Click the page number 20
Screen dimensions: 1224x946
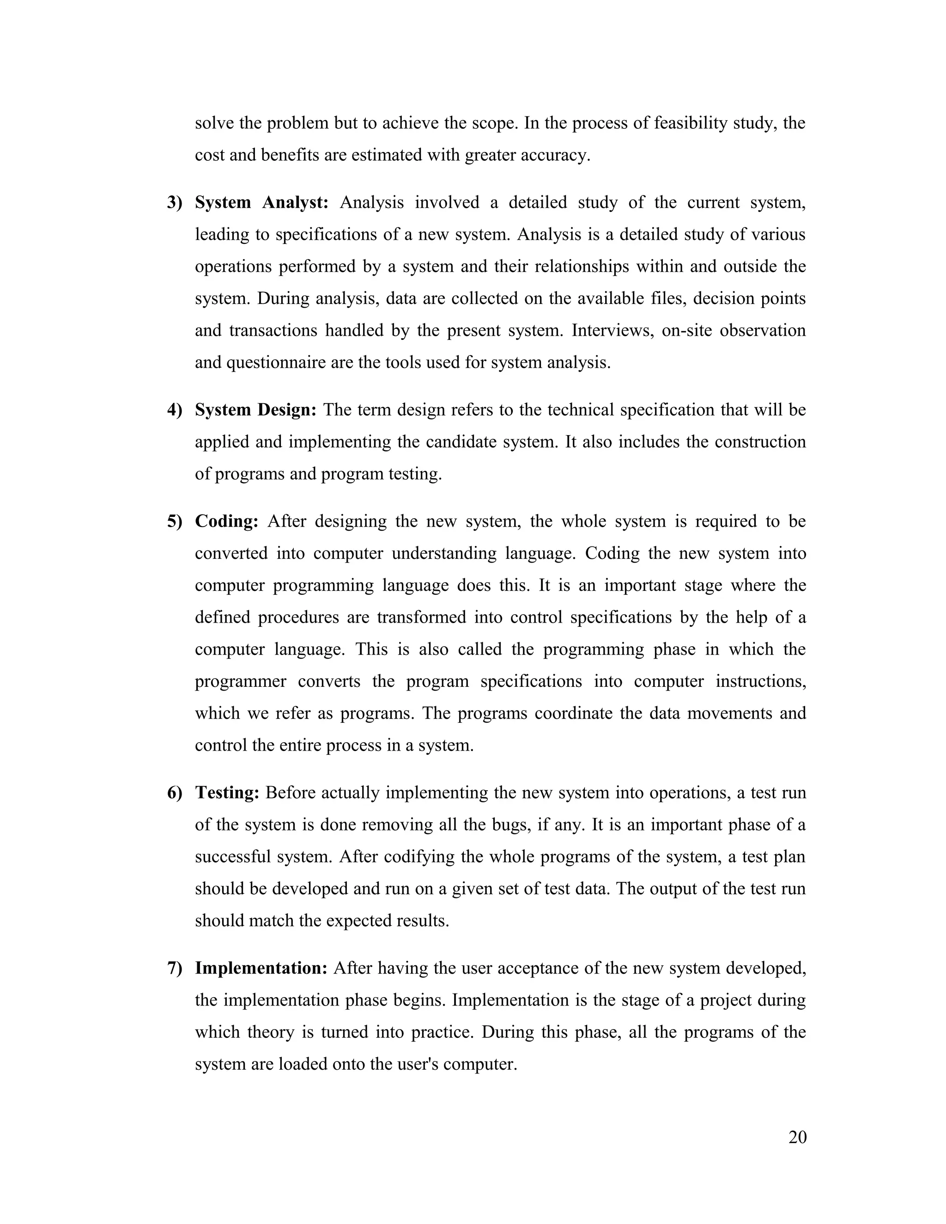pyautogui.click(x=797, y=1137)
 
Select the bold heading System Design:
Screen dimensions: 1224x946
pyautogui.click(x=255, y=410)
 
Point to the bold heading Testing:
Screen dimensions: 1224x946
pyautogui.click(x=227, y=793)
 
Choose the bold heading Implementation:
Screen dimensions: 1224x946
pyautogui.click(x=261, y=968)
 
